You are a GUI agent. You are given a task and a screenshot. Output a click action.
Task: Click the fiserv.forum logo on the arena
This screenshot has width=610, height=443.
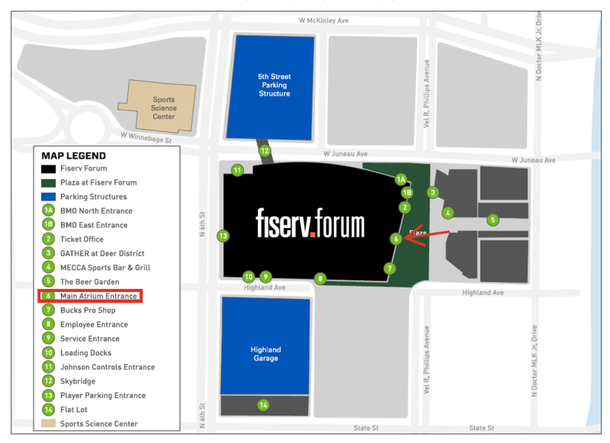(310, 222)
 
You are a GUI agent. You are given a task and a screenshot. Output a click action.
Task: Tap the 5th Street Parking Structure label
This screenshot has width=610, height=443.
(274, 85)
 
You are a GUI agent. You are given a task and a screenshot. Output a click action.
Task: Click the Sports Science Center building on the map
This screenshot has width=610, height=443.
(163, 108)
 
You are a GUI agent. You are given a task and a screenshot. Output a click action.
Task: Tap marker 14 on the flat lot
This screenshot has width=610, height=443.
(263, 405)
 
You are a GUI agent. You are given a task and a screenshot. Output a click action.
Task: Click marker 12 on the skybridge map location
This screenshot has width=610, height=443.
(265, 151)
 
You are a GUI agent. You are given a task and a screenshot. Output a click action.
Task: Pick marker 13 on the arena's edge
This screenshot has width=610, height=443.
(223, 236)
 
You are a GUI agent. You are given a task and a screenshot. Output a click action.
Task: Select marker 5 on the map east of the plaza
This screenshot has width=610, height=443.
(493, 220)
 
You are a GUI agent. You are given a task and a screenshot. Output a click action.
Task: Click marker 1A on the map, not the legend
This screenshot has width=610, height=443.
(401, 180)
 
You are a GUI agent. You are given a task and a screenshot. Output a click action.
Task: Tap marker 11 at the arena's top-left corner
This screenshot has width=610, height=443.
(237, 170)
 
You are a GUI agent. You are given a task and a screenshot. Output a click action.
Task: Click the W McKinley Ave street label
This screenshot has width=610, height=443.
(323, 21)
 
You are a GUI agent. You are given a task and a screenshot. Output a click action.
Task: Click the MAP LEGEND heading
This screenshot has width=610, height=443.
(74, 156)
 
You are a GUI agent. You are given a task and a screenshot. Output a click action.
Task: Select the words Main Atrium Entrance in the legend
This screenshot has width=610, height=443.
(98, 296)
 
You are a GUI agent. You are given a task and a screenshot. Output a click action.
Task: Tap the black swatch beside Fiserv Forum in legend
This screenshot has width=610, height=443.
(48, 169)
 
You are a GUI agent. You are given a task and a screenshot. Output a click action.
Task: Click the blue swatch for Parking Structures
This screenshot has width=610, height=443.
(48, 197)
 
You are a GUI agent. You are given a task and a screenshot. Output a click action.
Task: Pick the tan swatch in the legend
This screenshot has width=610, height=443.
(48, 424)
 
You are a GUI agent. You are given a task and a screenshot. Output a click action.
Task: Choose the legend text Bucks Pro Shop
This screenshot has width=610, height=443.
(88, 310)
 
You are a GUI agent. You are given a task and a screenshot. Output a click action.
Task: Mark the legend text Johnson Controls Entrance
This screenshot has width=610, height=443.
(108, 367)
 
